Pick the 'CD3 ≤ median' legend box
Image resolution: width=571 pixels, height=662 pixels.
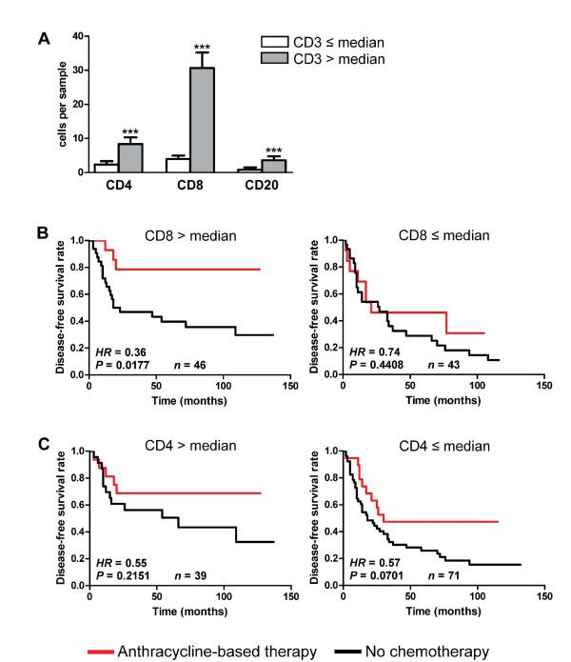(x=276, y=43)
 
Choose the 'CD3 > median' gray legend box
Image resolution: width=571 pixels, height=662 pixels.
(x=276, y=58)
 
